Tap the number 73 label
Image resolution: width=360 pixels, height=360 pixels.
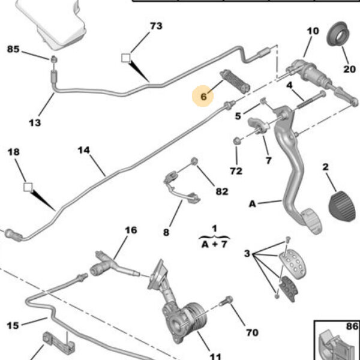tap(155, 26)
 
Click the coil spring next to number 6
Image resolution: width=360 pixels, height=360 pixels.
tap(235, 80)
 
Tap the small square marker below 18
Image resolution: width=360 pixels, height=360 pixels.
tap(26, 187)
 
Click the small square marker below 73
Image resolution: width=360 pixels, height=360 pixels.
tap(125, 58)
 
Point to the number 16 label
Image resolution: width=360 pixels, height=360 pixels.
tap(130, 230)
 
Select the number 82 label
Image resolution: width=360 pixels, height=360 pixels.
tap(221, 191)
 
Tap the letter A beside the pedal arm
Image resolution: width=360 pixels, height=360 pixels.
tap(253, 204)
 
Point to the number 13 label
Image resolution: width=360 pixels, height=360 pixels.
tap(34, 122)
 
